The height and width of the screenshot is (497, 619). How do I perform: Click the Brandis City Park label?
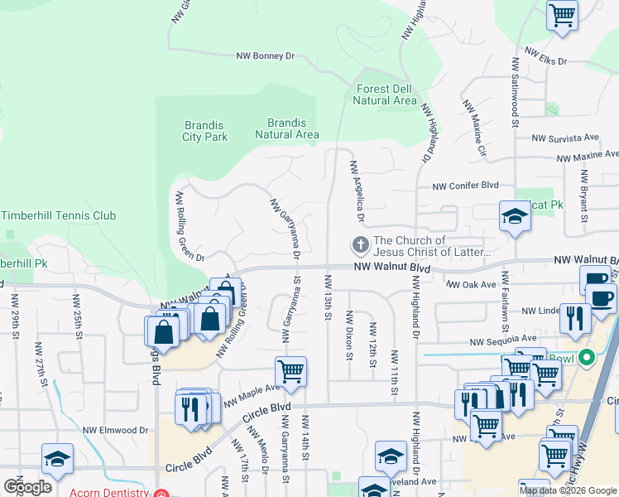pyautogui.click(x=205, y=131)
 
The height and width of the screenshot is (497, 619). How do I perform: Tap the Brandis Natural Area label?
pyautogui.click(x=287, y=128)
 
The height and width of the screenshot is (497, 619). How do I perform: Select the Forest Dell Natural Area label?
pyautogui.click(x=384, y=94)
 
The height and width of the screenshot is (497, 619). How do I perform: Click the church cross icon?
pyautogui.click(x=360, y=245)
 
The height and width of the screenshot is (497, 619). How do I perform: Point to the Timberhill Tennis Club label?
pyautogui.click(x=70, y=215)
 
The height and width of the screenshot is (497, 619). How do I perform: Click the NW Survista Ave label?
pyautogui.click(x=567, y=138)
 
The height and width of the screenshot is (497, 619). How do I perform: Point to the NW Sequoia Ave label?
pyautogui.click(x=503, y=340)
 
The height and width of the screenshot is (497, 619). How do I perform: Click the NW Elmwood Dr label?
pyautogui.click(x=115, y=430)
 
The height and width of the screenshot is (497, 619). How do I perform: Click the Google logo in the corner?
pyautogui.click(x=27, y=487)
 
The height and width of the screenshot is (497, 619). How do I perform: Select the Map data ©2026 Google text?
pyautogui.click(x=568, y=490)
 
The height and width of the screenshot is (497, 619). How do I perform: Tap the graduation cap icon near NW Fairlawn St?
pyautogui.click(x=515, y=217)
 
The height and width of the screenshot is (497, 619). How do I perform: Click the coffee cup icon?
pyautogui.click(x=601, y=296)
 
